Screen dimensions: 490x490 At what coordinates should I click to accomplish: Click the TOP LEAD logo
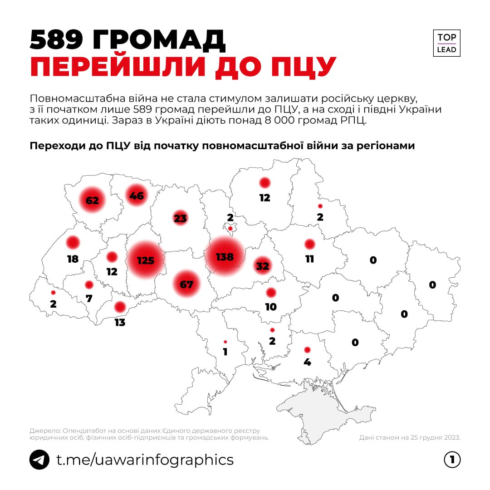[x=446, y=43]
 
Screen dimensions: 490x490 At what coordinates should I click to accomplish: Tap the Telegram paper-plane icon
[x=39, y=460]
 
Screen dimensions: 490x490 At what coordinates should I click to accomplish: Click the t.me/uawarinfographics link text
[x=145, y=460]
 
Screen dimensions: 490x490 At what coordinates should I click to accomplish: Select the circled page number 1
[x=452, y=460]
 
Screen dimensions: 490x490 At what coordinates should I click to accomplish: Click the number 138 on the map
[x=225, y=257]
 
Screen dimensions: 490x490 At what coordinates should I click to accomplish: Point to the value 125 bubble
[x=146, y=260]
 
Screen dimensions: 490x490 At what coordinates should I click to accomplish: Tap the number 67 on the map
[x=186, y=284]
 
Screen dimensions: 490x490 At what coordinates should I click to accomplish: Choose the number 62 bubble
[x=92, y=200]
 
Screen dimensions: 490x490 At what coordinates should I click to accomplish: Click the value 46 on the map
[x=137, y=196]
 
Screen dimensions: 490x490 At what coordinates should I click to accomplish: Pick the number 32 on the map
[x=263, y=266]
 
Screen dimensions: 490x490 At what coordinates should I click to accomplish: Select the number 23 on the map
[x=180, y=218]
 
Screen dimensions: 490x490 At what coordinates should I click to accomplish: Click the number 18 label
[x=73, y=259]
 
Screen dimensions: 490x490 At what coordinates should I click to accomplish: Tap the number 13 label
[x=120, y=323]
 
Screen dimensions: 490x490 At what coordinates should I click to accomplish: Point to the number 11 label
[x=310, y=259]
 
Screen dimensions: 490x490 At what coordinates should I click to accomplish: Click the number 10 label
[x=271, y=307]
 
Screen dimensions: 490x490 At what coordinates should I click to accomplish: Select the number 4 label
[x=307, y=363]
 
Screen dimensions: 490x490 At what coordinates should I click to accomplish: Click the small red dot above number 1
[x=225, y=342]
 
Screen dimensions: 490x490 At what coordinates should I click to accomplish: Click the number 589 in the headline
[x=56, y=41]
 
